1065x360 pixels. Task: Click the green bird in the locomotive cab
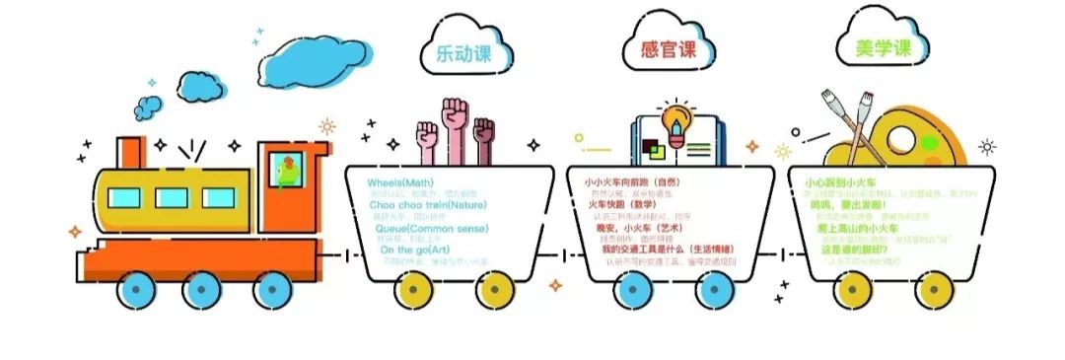[285, 167]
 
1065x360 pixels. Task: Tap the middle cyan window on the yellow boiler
[172, 197]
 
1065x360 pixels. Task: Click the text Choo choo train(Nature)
[414, 205]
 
